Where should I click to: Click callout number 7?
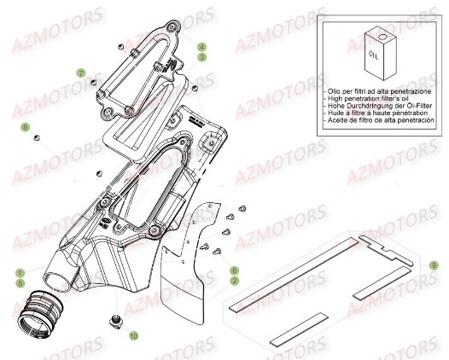point(80,74)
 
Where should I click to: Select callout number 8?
point(26,127)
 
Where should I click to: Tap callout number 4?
point(202,47)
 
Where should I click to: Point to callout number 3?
point(202,57)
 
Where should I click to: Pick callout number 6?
point(233,270)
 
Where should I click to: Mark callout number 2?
point(233,279)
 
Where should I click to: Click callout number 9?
point(434,265)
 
